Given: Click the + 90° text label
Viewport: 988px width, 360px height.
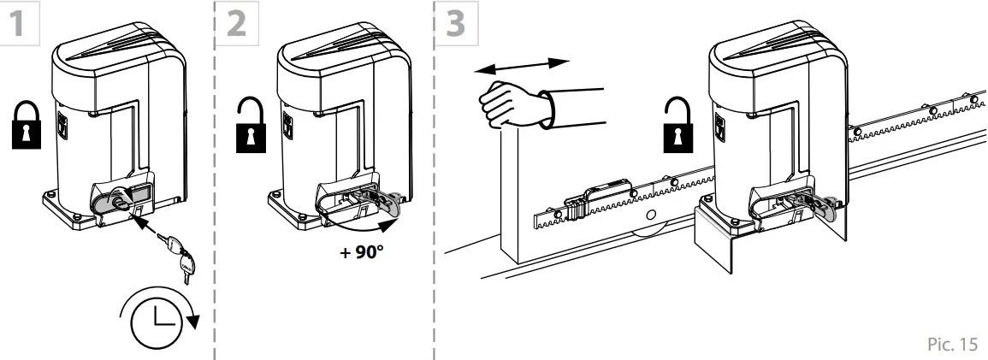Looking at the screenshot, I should (360, 254).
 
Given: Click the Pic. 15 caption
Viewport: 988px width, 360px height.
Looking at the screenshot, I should (950, 343).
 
